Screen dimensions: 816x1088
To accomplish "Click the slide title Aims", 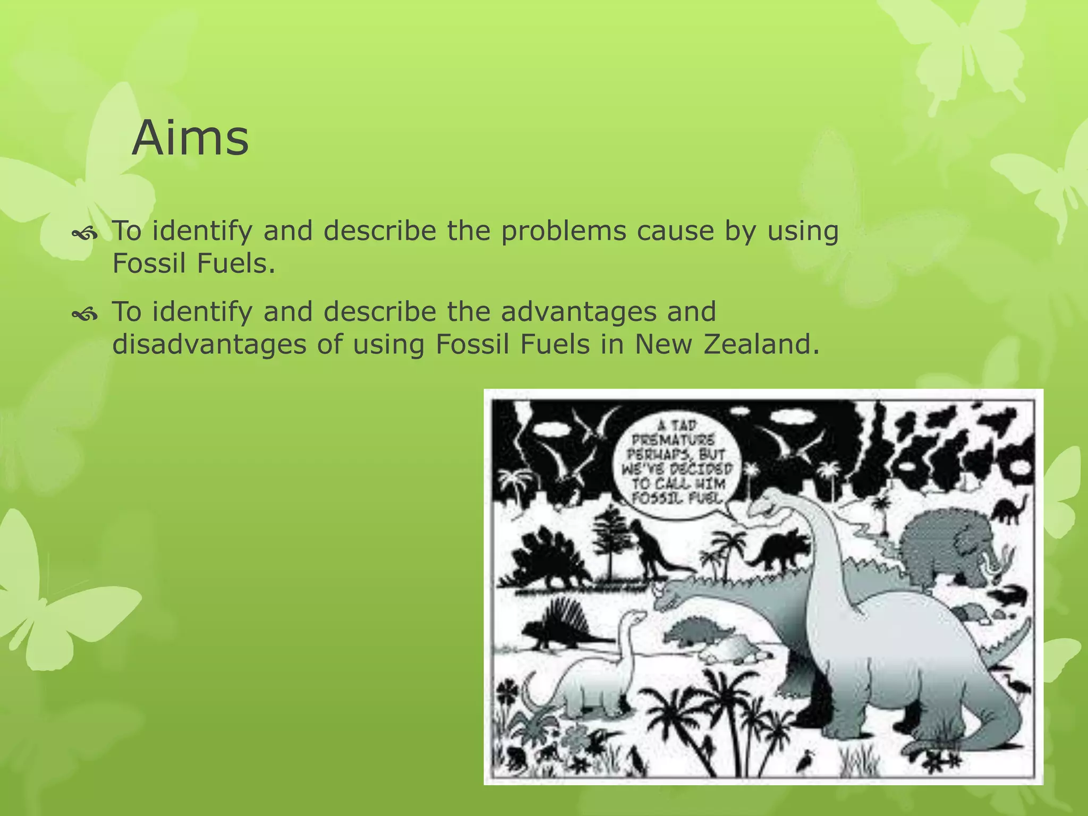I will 190,138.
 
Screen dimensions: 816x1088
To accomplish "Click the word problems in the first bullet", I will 564,231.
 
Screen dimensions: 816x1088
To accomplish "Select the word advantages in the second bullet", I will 579,312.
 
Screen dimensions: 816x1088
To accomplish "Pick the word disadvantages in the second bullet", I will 209,344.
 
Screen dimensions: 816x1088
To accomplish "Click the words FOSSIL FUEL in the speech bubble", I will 677,498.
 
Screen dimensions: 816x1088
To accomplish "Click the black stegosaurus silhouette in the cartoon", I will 547,560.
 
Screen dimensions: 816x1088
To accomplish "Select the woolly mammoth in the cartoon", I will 943,547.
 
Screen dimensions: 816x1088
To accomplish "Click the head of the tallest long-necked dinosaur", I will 765,505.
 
